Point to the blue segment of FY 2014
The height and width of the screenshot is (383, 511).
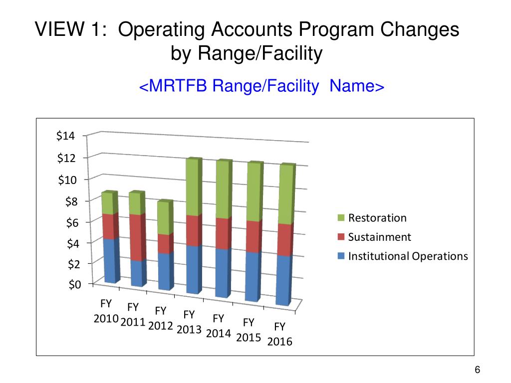click(222, 273)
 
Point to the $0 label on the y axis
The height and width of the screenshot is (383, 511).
click(72, 284)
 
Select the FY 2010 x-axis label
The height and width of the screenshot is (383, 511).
click(106, 311)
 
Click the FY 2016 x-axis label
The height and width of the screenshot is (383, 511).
click(279, 334)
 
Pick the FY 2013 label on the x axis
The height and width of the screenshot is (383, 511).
click(189, 322)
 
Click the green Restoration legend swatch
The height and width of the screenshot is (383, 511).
click(341, 218)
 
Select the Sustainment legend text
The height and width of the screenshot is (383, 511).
click(379, 237)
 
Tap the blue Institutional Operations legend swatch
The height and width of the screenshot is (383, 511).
click(341, 256)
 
